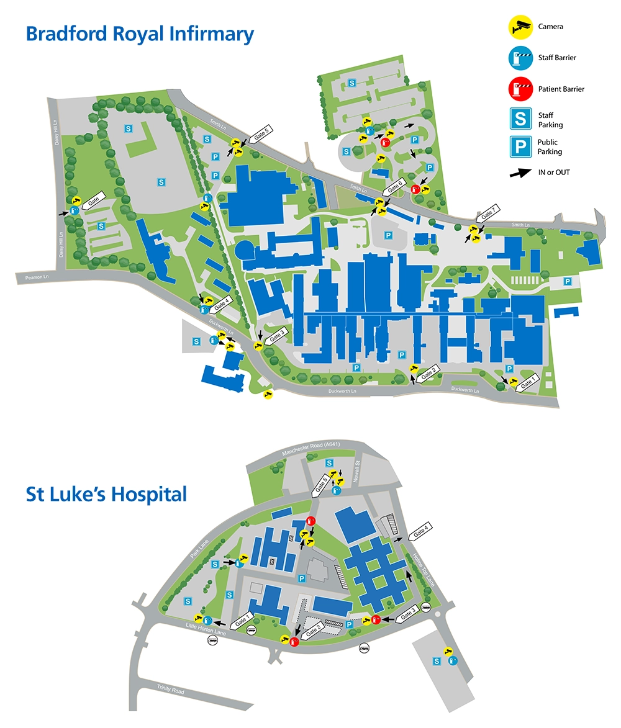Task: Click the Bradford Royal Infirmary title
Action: (x=140, y=34)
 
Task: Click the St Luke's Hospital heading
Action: (x=106, y=495)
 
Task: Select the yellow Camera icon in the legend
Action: (x=519, y=26)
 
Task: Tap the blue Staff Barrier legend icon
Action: (x=519, y=58)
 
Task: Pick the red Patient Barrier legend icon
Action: (x=519, y=89)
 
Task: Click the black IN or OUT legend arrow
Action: (x=520, y=173)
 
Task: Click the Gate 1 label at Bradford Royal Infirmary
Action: (x=527, y=382)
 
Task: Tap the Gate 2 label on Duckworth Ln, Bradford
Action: (x=428, y=373)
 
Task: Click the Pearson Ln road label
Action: (x=37, y=276)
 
